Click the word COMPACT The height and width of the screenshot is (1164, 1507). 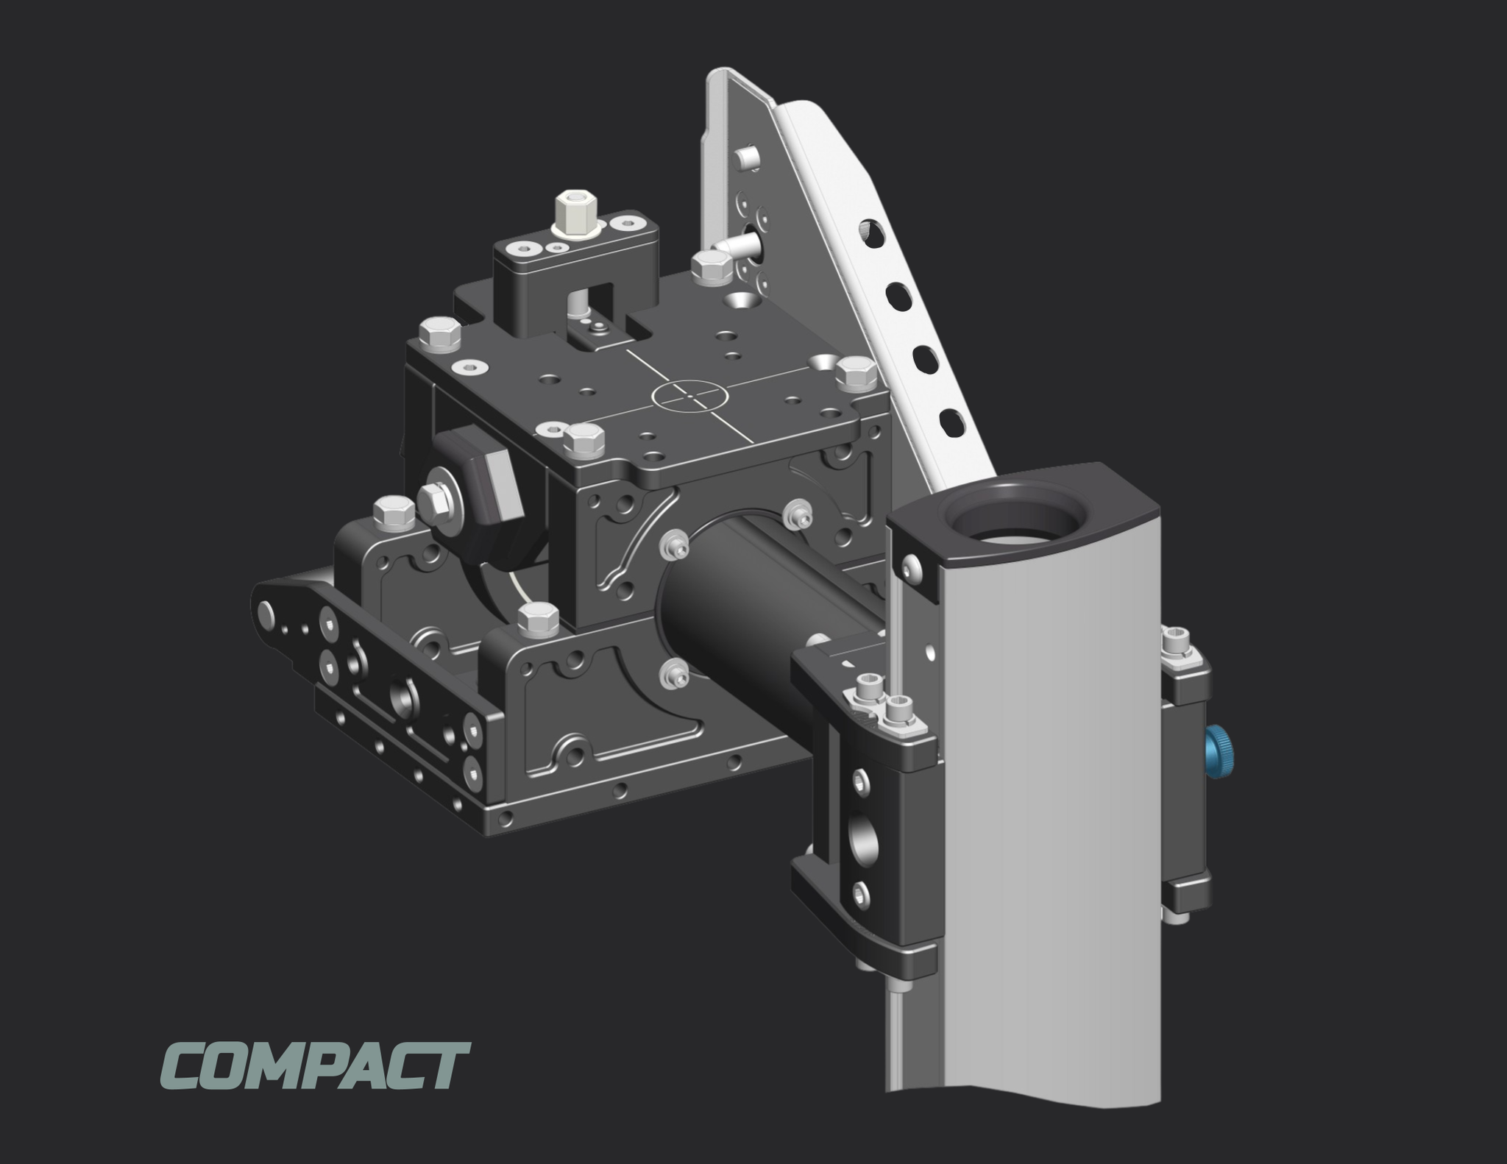tap(313, 1065)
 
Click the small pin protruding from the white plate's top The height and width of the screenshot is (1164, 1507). tap(746, 157)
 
